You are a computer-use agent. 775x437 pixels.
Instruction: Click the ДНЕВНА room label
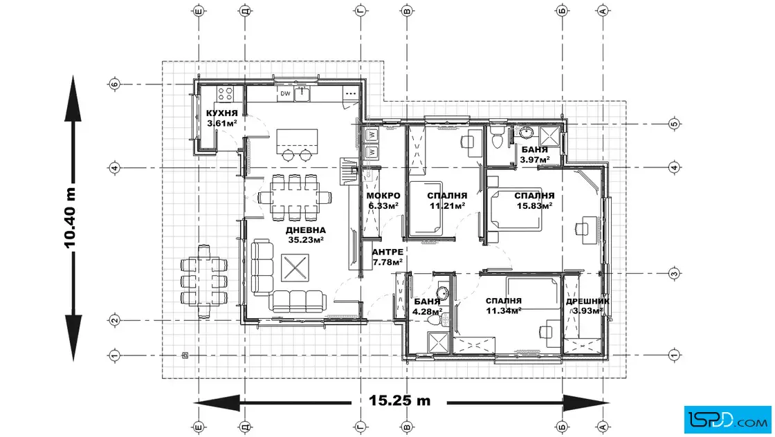click(305, 230)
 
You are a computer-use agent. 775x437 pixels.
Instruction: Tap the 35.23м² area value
click(305, 240)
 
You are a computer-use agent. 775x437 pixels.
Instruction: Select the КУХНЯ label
click(222, 113)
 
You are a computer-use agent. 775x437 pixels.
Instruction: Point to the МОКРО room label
click(383, 196)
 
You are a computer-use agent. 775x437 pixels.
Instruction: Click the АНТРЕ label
click(387, 252)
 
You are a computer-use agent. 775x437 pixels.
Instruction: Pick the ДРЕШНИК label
click(587, 301)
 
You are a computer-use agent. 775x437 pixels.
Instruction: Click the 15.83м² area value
click(534, 205)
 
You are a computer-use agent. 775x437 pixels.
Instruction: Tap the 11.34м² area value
click(504, 310)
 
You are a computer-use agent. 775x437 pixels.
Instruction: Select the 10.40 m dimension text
click(70, 217)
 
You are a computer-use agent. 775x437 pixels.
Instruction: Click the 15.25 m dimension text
click(399, 400)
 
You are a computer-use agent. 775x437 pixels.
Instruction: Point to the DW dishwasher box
click(285, 93)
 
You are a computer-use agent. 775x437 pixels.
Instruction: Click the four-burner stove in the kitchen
click(226, 94)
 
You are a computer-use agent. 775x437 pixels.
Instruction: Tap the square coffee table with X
click(295, 268)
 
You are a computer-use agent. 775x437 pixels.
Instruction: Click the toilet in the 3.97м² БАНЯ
click(497, 138)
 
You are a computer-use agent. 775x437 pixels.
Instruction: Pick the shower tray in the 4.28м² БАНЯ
click(438, 343)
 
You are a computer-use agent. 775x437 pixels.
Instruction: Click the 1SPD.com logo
click(727, 420)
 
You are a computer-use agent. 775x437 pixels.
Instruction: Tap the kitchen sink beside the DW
click(302, 93)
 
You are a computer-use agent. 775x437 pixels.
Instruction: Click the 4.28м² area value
click(427, 312)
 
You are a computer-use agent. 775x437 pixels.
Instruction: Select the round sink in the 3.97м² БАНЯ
click(526, 132)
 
